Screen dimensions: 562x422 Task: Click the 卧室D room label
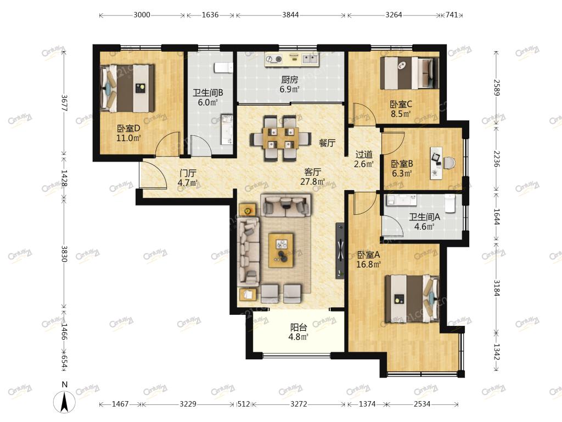pos(128,128)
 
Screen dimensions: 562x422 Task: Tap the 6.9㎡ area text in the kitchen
pos(289,89)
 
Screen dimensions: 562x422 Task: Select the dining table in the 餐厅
pos(280,138)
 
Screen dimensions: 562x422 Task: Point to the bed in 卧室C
pos(409,73)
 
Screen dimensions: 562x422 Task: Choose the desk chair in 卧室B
pos(449,163)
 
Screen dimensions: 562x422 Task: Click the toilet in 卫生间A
pos(450,203)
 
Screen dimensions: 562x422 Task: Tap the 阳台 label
pos(299,327)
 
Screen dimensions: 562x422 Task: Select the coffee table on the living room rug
pos(281,250)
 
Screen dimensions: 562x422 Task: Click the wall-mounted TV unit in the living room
pos(340,251)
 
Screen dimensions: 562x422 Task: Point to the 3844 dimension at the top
pos(290,15)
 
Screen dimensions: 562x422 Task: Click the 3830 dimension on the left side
pos(64,254)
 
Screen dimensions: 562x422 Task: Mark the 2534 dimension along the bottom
pos(422,404)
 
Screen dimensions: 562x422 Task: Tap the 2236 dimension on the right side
pos(496,158)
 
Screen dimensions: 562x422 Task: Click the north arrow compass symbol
pos(65,402)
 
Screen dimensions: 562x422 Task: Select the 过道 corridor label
pos(364,154)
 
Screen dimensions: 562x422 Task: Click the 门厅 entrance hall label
pos(188,173)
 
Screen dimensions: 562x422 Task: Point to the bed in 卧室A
pos(412,298)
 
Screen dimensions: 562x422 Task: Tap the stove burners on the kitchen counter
pos(273,59)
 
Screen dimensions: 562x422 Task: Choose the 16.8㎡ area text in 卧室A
pos(368,264)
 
